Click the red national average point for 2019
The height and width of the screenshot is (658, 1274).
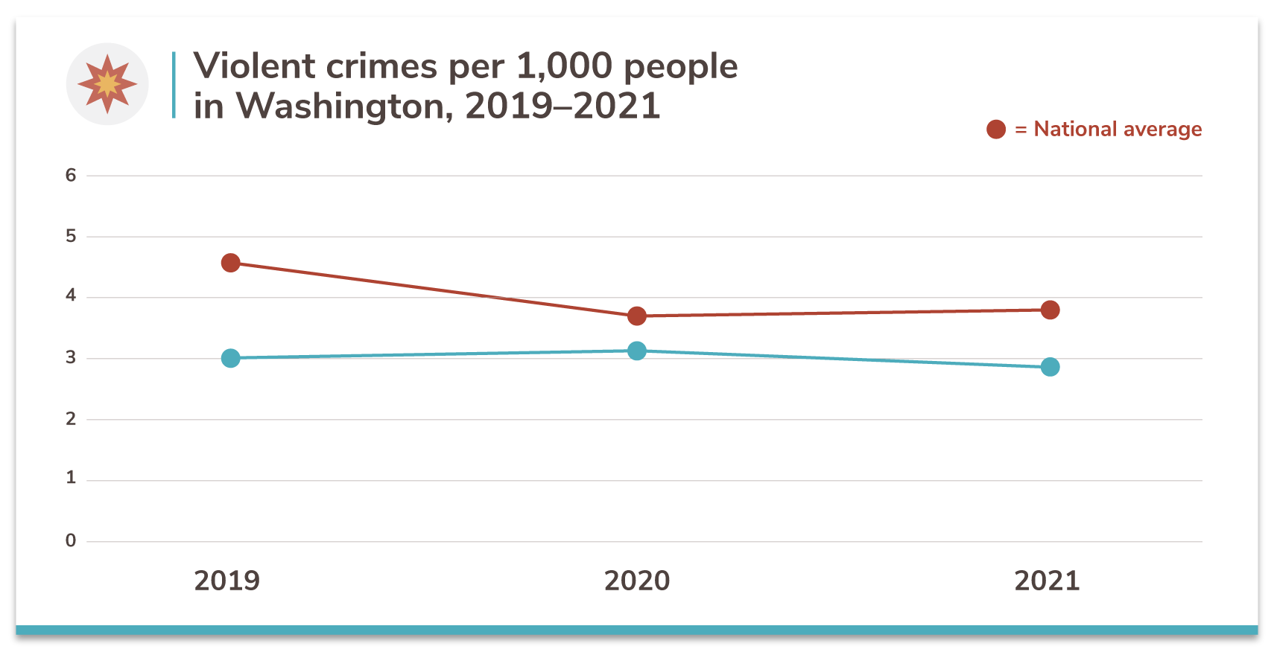point(231,263)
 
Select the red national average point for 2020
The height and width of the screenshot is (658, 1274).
point(637,316)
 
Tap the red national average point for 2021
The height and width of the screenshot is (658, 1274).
point(1050,310)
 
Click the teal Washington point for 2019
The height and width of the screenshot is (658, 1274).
point(231,358)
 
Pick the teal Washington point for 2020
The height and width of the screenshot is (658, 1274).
point(637,351)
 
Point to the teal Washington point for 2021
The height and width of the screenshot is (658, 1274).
point(1050,367)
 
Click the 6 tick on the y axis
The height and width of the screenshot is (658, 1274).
point(71,176)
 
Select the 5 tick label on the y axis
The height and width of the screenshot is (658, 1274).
point(71,237)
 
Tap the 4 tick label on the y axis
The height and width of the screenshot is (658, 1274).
point(71,296)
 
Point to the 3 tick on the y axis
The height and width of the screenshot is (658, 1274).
point(71,358)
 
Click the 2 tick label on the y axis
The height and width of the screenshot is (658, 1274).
point(71,419)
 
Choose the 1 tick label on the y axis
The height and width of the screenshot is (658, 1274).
point(71,479)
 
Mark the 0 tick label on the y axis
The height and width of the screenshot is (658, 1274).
point(71,541)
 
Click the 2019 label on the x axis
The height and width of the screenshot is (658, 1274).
point(227,581)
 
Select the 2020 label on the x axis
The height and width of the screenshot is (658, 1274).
point(637,581)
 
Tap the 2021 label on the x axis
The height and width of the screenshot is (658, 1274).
point(1047,581)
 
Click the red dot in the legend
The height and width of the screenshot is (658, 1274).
point(996,130)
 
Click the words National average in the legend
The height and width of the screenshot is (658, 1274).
point(1118,130)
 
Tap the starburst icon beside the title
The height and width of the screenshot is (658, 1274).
point(107,84)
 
